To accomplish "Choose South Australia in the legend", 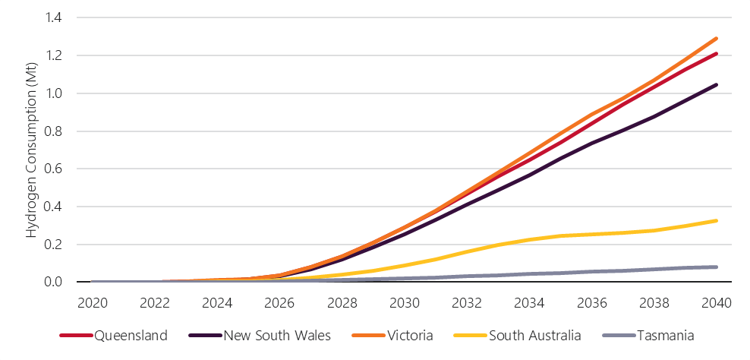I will point(536,335).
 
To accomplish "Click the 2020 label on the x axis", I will point(93,303).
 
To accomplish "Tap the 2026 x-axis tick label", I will point(279,303).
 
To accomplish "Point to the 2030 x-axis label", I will point(405,303).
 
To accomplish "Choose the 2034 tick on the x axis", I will point(529,303).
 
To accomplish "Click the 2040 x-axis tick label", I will point(716,303).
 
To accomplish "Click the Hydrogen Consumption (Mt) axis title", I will point(31,150).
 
